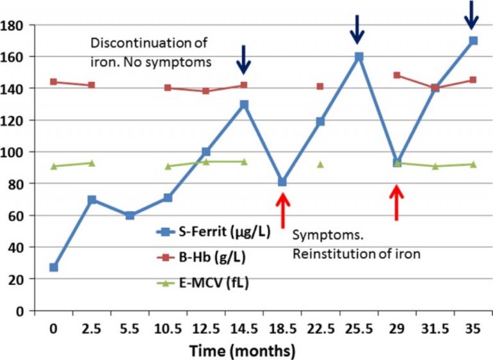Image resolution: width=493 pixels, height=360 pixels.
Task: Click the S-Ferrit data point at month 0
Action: [54, 267]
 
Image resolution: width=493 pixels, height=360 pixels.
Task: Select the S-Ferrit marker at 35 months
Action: [473, 40]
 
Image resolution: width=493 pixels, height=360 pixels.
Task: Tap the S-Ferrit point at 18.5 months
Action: [282, 182]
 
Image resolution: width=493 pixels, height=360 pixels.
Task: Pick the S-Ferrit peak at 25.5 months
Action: [359, 56]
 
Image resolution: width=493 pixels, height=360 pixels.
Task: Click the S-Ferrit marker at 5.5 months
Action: [130, 216]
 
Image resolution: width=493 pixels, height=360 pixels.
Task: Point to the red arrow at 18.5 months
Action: [282, 208]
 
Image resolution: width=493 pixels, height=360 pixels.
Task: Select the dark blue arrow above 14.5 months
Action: [244, 59]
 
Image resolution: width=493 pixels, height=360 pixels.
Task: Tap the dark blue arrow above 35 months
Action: [472, 14]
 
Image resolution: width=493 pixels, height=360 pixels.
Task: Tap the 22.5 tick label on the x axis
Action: [320, 330]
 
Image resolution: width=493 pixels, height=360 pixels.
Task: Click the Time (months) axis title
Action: [242, 351]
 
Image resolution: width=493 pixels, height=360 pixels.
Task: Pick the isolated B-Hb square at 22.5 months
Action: [320, 86]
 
